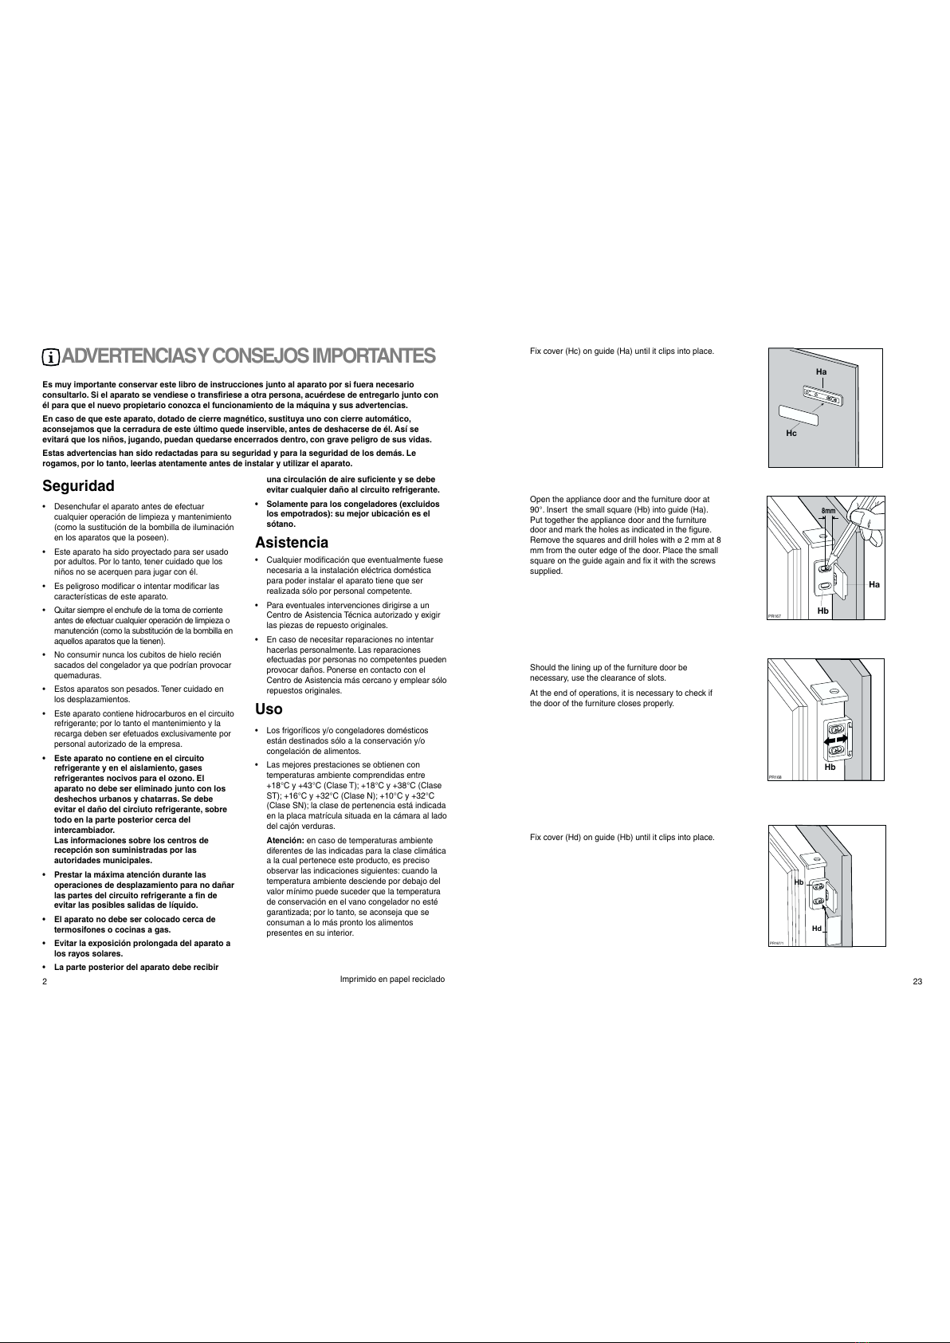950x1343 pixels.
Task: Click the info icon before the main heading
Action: [x=51, y=357]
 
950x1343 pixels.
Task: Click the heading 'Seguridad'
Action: [x=78, y=485]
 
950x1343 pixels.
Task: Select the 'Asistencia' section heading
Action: [x=291, y=543]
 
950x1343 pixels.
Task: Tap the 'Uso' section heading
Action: [x=269, y=709]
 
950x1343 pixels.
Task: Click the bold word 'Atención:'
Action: [x=285, y=841]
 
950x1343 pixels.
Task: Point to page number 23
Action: [x=917, y=981]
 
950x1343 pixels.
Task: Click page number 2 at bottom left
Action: [x=45, y=981]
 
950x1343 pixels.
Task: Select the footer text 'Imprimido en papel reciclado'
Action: [x=392, y=979]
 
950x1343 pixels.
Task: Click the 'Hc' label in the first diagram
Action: [x=791, y=433]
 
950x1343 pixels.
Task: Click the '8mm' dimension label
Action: [x=828, y=511]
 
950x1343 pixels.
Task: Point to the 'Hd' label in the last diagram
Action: [x=816, y=929]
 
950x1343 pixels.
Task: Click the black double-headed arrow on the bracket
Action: [x=835, y=741]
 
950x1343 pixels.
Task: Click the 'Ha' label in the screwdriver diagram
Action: [x=873, y=584]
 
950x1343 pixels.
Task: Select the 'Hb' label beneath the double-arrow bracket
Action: [x=830, y=767]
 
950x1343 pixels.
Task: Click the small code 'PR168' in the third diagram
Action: [x=775, y=777]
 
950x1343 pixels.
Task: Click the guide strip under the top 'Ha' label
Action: [x=823, y=395]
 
